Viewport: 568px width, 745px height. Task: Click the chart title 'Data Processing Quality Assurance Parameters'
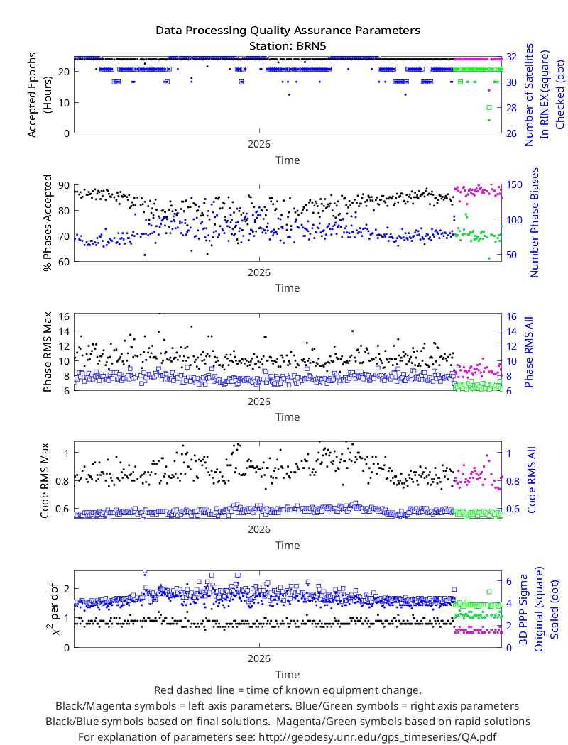click(288, 31)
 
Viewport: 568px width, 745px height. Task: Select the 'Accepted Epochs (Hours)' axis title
click(39, 95)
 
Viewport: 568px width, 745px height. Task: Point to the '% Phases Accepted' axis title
click(47, 223)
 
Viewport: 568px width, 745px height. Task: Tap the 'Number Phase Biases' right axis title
click(535, 222)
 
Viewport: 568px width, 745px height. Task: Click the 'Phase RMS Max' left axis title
click(47, 352)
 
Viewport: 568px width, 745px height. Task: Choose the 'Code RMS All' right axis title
click(531, 480)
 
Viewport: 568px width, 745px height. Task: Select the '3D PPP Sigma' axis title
click(523, 609)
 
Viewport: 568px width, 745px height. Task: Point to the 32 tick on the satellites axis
click(511, 57)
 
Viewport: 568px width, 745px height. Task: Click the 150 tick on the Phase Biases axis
click(514, 184)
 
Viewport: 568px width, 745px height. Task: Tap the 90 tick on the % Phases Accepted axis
click(64, 185)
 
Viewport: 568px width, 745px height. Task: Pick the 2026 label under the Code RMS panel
click(259, 529)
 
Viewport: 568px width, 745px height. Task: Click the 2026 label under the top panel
click(259, 144)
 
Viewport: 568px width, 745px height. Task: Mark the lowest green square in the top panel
click(489, 108)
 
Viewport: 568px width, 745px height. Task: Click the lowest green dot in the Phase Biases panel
click(489, 258)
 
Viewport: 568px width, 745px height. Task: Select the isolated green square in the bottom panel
click(489, 592)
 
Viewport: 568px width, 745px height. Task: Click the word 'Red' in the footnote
click(163, 690)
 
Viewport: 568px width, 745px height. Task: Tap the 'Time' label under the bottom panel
click(288, 675)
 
